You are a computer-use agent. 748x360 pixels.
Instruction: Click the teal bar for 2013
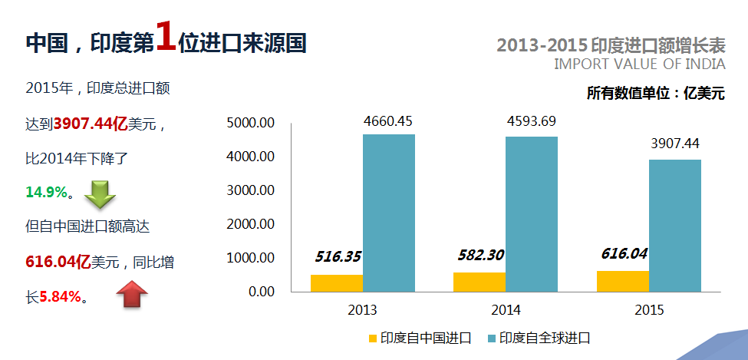(x=389, y=213)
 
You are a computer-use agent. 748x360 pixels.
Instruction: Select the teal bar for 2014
(x=532, y=214)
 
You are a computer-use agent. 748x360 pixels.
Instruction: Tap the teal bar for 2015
(x=674, y=226)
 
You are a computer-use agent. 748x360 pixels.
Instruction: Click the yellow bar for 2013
(x=337, y=283)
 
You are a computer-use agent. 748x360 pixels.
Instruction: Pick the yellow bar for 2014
(x=479, y=282)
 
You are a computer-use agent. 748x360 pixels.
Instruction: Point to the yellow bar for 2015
(x=622, y=281)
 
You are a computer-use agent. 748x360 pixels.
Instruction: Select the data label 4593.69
(x=531, y=121)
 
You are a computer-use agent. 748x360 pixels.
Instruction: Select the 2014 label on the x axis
(x=506, y=311)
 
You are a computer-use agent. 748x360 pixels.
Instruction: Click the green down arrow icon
(x=99, y=195)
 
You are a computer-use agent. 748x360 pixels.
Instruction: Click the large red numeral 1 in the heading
(x=166, y=37)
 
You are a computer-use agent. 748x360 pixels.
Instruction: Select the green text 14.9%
(x=47, y=193)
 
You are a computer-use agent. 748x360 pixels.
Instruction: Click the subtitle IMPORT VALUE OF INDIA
(x=639, y=64)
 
